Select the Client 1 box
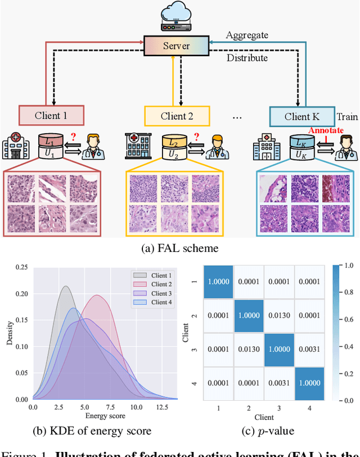pyautogui.click(x=52, y=117)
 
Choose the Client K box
pyautogui.click(x=301, y=117)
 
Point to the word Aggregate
pyautogui.click(x=247, y=35)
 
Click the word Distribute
pyautogui.click(x=247, y=58)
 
